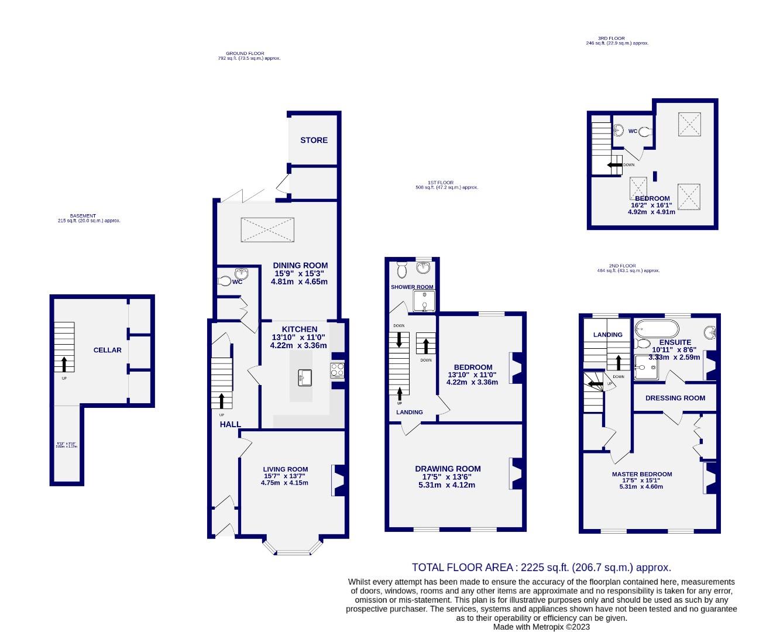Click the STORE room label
(314, 140)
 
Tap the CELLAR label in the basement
(108, 350)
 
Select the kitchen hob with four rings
(338, 370)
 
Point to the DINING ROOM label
(300, 266)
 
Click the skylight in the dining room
(267, 229)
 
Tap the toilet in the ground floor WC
(224, 281)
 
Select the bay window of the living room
(292, 548)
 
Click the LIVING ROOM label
(285, 469)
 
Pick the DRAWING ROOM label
(448, 469)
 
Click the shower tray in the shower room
(424, 301)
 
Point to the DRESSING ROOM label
(675, 398)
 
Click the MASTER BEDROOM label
(641, 475)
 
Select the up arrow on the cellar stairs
(64, 363)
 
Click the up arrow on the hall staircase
(222, 401)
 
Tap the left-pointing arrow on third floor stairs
(614, 165)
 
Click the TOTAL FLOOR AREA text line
(541, 567)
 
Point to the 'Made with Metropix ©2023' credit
(541, 627)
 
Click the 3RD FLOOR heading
(617, 38)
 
